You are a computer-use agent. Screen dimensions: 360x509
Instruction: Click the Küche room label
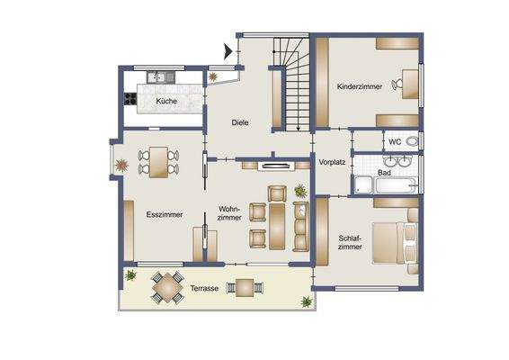[x=165, y=102]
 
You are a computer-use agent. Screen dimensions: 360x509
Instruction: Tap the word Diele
[x=239, y=122]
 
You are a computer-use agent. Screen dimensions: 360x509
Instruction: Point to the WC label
[x=394, y=141]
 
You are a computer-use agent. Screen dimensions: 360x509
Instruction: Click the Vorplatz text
[x=332, y=163]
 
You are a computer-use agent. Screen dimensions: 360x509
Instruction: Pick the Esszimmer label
[x=165, y=214]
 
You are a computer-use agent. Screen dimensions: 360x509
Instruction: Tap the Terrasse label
[x=205, y=289]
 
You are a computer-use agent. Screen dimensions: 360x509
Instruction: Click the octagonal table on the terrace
[x=165, y=288]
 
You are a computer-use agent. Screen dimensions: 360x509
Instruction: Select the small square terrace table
[x=245, y=288]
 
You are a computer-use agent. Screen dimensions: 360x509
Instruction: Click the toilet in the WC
[x=410, y=141]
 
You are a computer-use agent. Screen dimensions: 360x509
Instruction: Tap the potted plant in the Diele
[x=214, y=77]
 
